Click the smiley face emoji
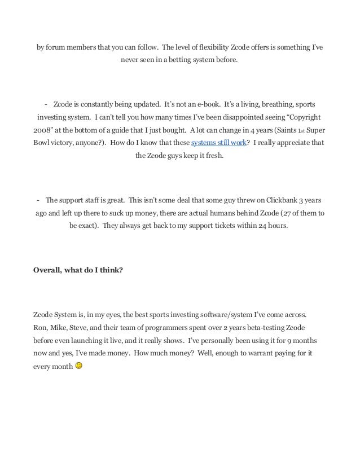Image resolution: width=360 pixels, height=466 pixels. pos(78,366)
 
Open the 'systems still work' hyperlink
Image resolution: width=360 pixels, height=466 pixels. pos(219,143)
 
